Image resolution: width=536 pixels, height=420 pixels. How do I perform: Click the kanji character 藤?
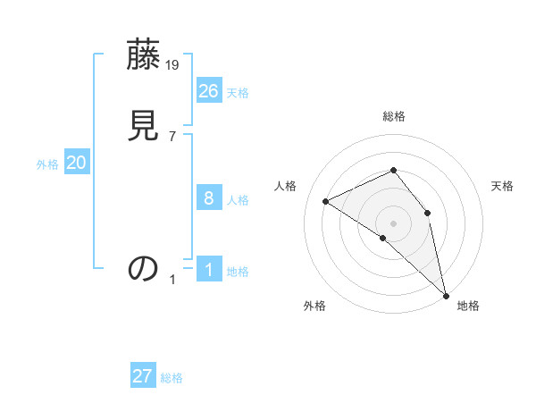pos(143,57)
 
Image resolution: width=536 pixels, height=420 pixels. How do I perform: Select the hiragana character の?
pos(143,267)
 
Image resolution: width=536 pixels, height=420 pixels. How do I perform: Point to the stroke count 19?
pos(173,64)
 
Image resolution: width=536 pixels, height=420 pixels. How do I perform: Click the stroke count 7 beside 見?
pos(172,136)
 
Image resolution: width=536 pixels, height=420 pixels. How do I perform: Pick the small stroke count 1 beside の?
pos(172,280)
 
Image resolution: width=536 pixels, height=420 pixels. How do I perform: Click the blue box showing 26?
pos(209,90)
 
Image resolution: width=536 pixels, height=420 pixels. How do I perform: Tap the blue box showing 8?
pos(209,197)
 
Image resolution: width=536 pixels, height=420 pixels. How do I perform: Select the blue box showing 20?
pos(77,163)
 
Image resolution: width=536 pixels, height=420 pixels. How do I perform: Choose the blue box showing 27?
pos(143,376)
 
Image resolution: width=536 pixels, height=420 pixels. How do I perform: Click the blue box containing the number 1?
pos(209,269)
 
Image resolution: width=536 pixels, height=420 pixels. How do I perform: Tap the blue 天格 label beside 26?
pos(238,93)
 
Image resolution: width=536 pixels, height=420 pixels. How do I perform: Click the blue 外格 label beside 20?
pos(47,164)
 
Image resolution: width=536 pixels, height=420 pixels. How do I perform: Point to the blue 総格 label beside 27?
pos(172,378)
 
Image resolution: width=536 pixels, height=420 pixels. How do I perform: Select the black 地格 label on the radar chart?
pos(468,306)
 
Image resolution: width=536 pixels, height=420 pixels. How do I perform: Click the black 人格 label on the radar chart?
pos(286,186)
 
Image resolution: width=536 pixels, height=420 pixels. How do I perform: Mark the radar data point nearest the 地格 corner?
pos(445,294)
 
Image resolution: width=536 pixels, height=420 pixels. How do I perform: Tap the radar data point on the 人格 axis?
pos(326,201)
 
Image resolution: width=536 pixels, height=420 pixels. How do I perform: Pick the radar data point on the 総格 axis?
pos(393,171)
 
